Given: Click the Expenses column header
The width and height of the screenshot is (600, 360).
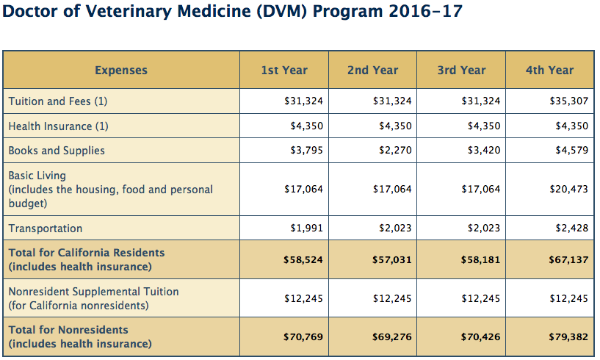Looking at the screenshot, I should pos(121,71).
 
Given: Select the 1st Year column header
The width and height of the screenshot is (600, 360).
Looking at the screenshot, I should pos(284,71).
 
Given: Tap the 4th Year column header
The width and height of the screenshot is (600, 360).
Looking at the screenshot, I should pos(549,71).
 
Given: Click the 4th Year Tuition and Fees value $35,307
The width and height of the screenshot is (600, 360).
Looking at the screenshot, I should pos(569,101).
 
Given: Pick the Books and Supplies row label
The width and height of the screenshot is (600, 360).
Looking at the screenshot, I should pos(57,151).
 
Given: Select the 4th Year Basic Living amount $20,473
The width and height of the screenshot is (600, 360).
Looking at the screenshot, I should pos(569,190).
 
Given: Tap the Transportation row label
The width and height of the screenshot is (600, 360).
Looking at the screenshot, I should pos(46,228).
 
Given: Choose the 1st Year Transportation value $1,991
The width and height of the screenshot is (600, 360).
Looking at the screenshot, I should pos(306,228).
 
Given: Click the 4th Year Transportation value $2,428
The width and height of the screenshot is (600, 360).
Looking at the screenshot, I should pos(572,228).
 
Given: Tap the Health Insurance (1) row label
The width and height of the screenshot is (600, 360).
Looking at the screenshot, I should pos(59,126).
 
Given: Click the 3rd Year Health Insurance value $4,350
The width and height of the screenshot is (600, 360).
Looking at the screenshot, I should pos(484,126).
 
